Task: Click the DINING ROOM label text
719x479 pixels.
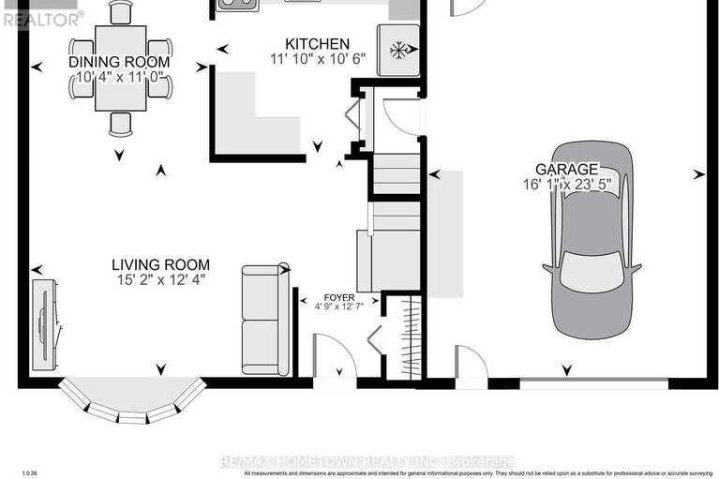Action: tap(119, 62)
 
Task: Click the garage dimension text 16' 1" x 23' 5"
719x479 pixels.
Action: tap(573, 185)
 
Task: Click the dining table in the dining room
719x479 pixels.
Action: tap(120, 75)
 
